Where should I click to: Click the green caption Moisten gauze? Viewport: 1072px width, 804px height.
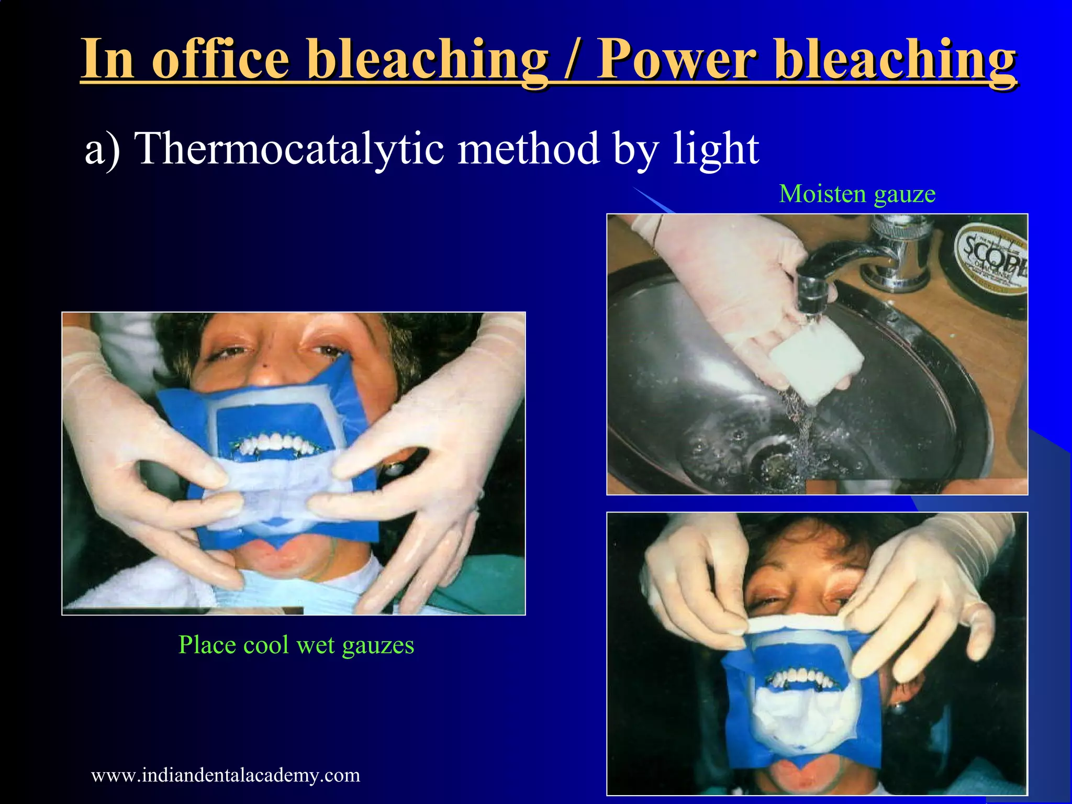click(x=857, y=194)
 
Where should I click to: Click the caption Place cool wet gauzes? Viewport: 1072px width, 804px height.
click(x=296, y=645)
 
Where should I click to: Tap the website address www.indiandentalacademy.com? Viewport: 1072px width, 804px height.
click(x=226, y=775)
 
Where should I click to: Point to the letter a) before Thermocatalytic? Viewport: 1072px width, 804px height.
click(x=103, y=150)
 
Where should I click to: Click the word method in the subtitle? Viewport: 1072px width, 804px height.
click(x=528, y=149)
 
